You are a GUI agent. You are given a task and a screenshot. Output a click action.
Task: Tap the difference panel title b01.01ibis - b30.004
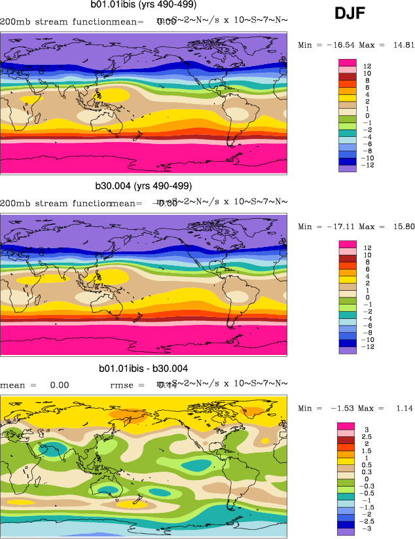143,369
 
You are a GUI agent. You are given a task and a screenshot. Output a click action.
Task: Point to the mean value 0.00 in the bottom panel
60,386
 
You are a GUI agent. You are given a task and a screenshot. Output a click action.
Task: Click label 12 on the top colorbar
368,66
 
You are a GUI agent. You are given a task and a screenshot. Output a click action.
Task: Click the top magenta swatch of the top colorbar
347,62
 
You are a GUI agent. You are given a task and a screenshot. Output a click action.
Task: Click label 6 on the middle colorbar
367,269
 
